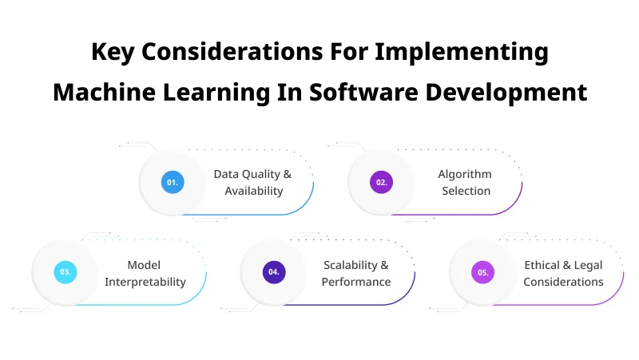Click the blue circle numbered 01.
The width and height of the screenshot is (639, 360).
tap(172, 182)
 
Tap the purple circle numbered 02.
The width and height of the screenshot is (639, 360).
tap(381, 182)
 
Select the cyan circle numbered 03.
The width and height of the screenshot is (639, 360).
tap(65, 272)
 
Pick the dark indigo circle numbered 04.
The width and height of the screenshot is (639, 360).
tap(274, 272)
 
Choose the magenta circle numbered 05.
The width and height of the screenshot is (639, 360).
tap(482, 272)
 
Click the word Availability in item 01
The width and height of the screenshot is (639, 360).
tap(253, 191)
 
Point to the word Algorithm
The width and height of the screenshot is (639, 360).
tap(465, 174)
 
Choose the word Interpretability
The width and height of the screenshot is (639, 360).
tap(145, 282)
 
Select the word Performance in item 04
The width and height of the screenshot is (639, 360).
tap(356, 282)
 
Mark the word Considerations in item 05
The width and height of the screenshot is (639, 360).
tap(563, 282)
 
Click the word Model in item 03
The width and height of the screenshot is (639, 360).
tap(144, 265)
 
